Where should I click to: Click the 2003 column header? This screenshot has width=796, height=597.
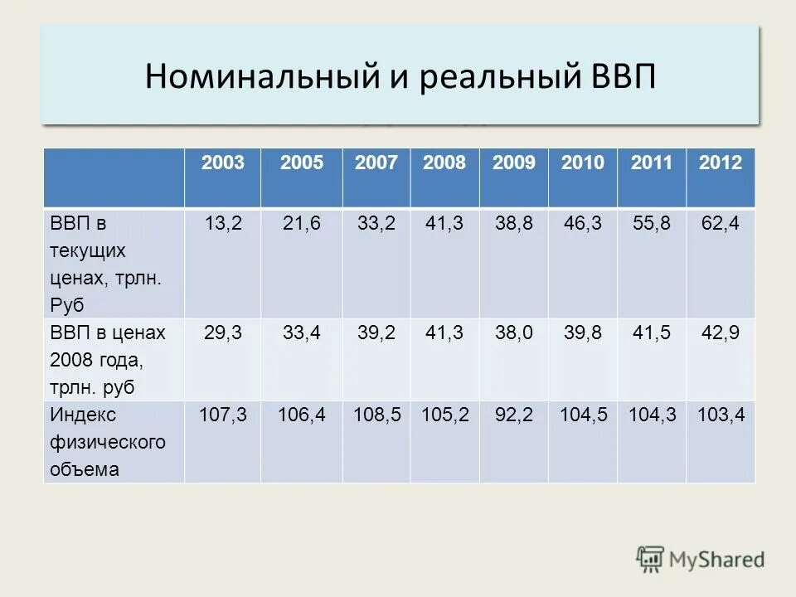click(222, 163)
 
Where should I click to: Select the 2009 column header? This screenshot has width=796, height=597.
click(513, 163)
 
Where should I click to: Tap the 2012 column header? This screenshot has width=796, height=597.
click(720, 163)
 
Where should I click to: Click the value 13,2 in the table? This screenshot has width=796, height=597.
click(222, 224)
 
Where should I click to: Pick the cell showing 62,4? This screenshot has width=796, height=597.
click(720, 224)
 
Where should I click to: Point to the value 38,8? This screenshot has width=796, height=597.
click(513, 224)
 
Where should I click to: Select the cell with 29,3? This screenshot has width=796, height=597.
click(222, 332)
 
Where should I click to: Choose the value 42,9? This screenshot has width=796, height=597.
click(720, 332)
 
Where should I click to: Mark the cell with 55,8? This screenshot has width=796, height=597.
click(651, 224)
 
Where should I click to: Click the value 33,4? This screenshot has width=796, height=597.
click(302, 332)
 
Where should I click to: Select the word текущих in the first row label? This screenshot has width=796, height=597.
click(88, 250)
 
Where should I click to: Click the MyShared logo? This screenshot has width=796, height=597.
click(701, 559)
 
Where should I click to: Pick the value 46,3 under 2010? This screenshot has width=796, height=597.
click(582, 224)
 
